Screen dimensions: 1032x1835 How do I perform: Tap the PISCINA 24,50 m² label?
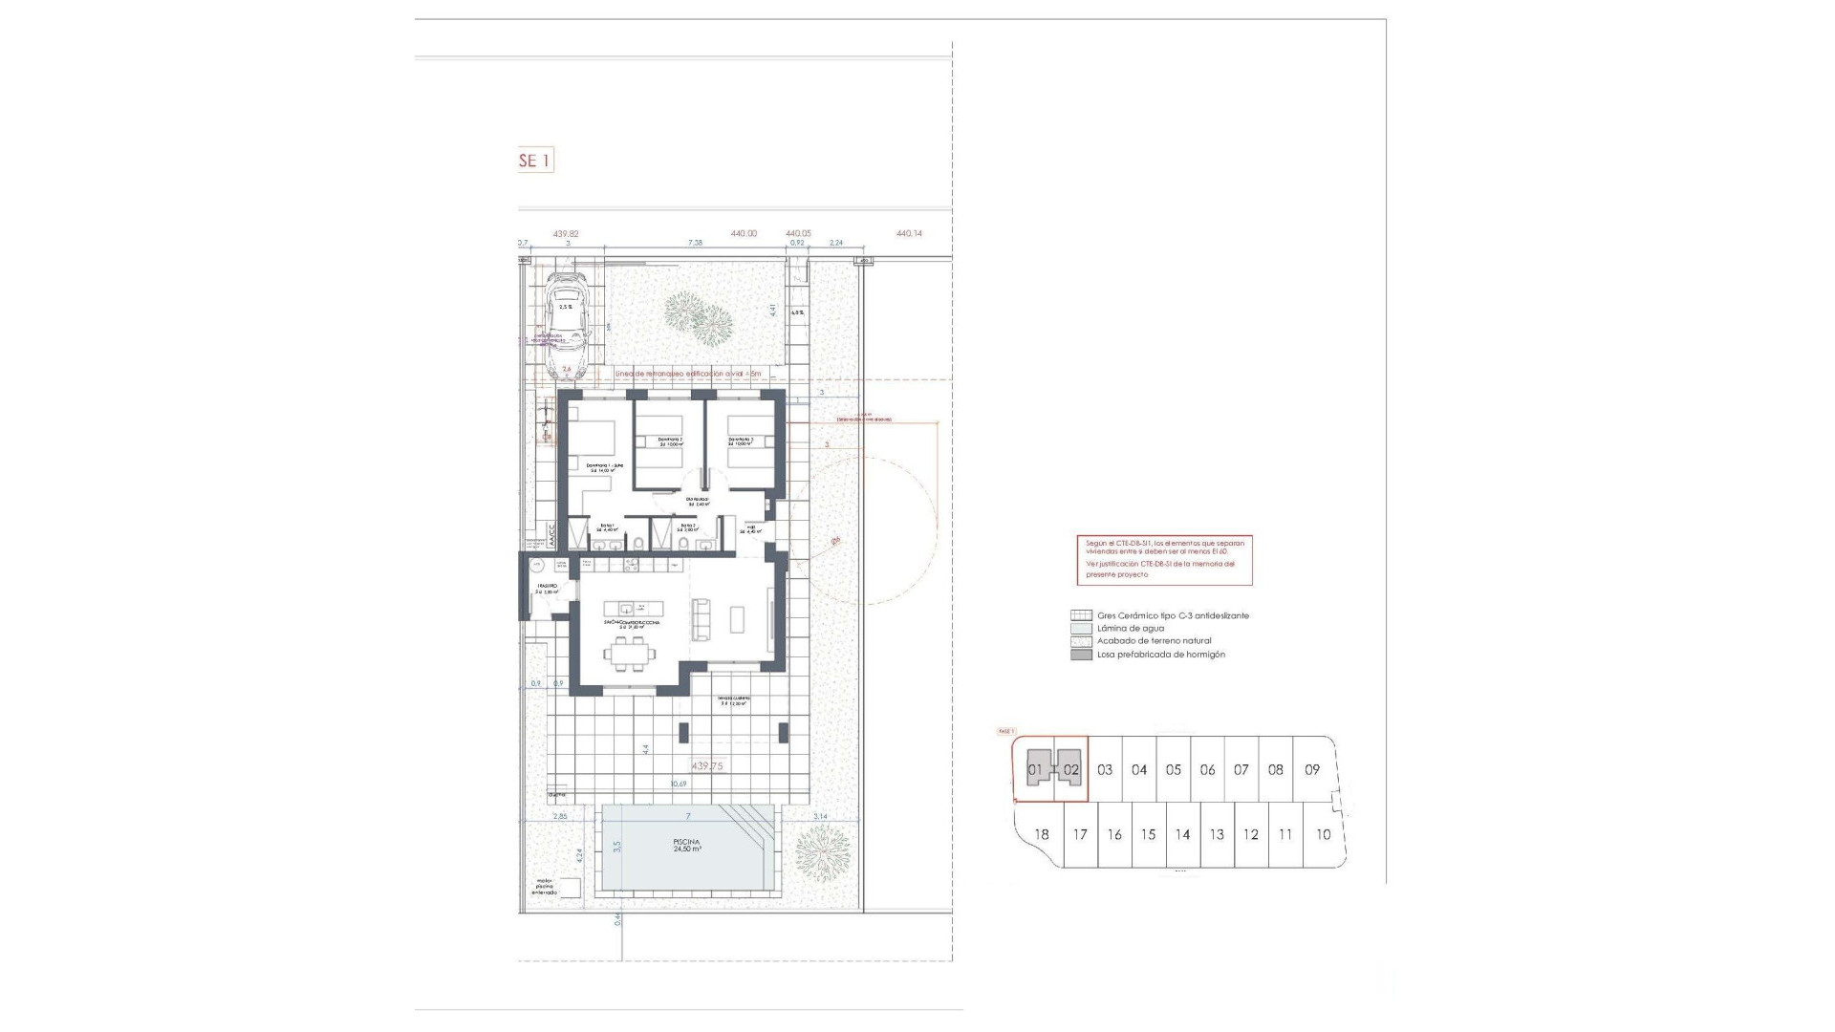pyautogui.click(x=687, y=846)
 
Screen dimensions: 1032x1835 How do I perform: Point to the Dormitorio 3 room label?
pyautogui.click(x=741, y=441)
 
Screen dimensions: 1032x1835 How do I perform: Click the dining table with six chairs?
pyautogui.click(x=630, y=655)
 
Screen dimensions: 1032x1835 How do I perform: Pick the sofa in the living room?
pyautogui.click(x=702, y=619)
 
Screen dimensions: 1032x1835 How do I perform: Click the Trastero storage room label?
pyautogui.click(x=547, y=588)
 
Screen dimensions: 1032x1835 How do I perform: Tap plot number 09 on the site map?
pyautogui.click(x=1311, y=769)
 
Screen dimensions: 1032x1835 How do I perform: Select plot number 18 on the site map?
pyautogui.click(x=1042, y=834)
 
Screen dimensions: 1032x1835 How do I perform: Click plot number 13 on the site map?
pyautogui.click(x=1216, y=834)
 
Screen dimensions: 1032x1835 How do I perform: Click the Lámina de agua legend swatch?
pyautogui.click(x=1081, y=629)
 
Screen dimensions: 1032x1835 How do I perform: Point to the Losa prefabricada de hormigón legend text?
pyautogui.click(x=1160, y=655)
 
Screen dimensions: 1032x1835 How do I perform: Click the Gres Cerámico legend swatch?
pyautogui.click(x=1081, y=615)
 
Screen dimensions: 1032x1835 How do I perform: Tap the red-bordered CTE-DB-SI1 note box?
pyautogui.click(x=1164, y=560)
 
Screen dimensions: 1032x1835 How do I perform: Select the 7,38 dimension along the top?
pyautogui.click(x=695, y=244)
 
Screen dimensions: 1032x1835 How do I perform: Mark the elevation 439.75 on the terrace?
pyautogui.click(x=707, y=766)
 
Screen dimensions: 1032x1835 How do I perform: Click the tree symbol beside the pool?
pyautogui.click(x=822, y=850)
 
